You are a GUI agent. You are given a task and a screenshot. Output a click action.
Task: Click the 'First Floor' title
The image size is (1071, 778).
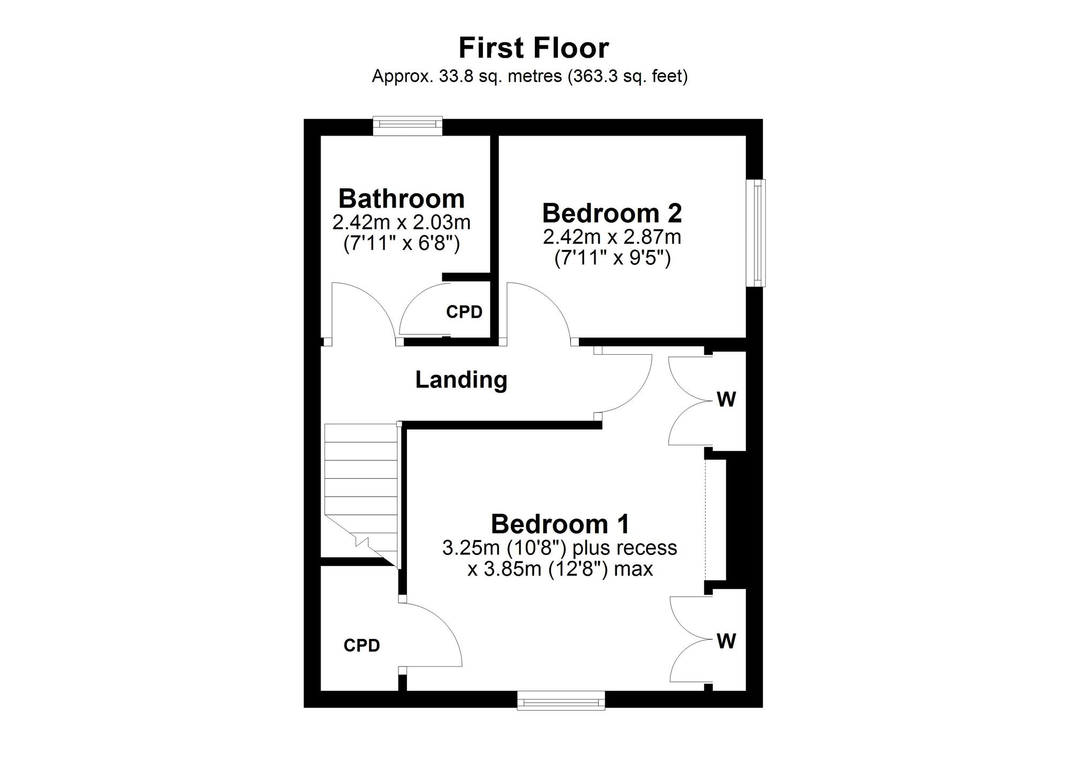point(534,48)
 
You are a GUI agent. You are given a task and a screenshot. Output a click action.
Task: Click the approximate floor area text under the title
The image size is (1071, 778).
point(530,77)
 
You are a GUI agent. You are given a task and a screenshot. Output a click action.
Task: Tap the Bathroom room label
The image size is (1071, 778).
point(402,199)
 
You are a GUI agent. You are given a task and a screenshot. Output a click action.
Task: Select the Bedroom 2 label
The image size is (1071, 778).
point(612,213)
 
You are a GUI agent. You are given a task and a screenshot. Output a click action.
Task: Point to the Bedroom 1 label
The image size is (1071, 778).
point(560,524)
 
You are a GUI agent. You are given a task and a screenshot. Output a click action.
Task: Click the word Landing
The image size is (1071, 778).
point(461,380)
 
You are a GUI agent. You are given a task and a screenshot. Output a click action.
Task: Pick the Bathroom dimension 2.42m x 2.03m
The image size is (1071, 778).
point(402,222)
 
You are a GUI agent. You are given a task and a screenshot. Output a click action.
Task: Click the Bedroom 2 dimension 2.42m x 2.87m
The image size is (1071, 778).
point(612,236)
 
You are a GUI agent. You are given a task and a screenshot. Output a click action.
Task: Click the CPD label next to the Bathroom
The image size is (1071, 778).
point(464,312)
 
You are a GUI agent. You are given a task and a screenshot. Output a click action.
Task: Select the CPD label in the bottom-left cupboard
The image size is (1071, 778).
point(362,646)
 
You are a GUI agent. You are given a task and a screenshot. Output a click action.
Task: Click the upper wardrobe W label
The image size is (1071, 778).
point(726,399)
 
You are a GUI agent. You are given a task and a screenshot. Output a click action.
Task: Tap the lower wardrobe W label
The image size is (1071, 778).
point(726,641)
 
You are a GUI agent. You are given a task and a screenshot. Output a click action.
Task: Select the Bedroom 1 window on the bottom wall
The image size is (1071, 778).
point(561,700)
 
